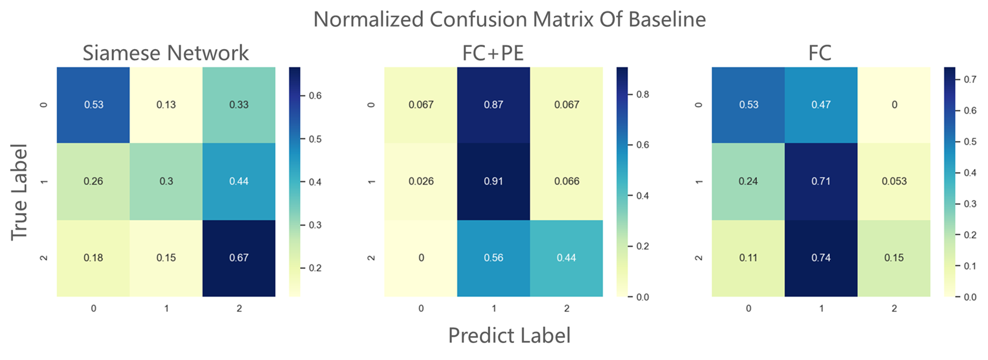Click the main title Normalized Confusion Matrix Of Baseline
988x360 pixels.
click(509, 19)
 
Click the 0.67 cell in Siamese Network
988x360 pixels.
click(239, 258)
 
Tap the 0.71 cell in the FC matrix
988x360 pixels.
click(821, 181)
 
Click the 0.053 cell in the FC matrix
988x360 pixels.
click(894, 181)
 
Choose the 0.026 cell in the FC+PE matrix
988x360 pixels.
click(421, 181)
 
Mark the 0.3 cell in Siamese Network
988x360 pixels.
click(166, 181)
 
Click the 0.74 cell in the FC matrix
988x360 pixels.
click(821, 258)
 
